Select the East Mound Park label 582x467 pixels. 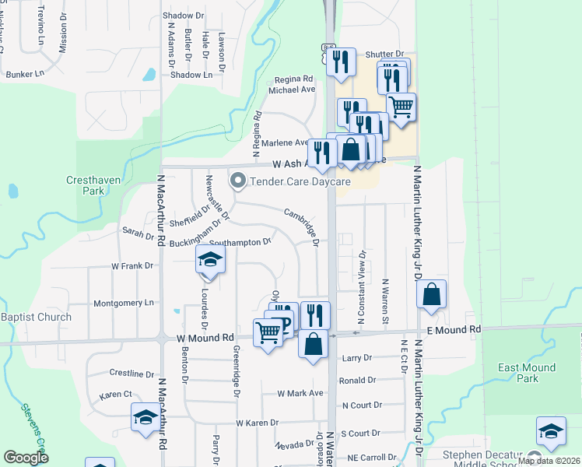pos(528,373)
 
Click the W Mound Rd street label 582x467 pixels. pos(205,338)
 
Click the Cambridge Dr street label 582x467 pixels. pos(302,227)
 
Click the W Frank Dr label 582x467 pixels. pos(132,266)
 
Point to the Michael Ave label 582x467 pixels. pos(292,90)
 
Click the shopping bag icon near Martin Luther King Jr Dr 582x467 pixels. pos(431,295)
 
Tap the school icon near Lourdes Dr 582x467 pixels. pos(209,260)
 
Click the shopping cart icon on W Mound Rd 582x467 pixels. pos(268,332)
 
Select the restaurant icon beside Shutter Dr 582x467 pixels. pos(339,61)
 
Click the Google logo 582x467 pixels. pos(26,458)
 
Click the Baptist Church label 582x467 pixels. pos(36,317)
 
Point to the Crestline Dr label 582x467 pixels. pos(128,374)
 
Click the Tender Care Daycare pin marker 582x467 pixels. pos(238,181)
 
